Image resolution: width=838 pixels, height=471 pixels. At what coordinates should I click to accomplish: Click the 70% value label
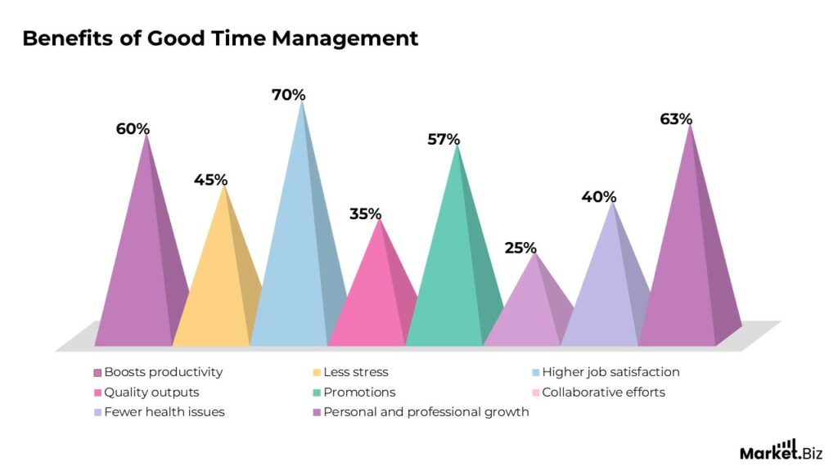click(288, 95)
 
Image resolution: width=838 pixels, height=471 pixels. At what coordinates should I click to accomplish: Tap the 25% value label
click(520, 247)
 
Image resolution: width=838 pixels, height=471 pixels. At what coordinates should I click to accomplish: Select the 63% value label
click(676, 119)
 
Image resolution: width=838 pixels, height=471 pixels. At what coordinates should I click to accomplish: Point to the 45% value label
click(210, 180)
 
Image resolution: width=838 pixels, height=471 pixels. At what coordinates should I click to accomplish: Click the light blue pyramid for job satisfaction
click(295, 270)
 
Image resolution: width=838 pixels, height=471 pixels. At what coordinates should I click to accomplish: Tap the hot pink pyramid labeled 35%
click(372, 303)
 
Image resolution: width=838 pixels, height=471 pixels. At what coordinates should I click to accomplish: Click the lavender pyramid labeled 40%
click(606, 294)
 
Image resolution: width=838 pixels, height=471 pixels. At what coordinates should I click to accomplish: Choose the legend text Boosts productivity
click(163, 372)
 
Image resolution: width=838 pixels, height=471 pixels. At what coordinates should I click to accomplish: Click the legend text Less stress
click(356, 372)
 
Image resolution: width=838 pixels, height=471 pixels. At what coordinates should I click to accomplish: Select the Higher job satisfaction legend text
click(610, 372)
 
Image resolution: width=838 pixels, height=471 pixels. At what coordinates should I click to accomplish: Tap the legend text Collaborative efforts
click(603, 392)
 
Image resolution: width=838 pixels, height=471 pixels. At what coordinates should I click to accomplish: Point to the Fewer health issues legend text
click(164, 411)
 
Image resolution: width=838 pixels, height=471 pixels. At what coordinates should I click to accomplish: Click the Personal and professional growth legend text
click(426, 411)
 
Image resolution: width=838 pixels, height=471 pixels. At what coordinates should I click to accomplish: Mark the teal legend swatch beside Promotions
click(316, 392)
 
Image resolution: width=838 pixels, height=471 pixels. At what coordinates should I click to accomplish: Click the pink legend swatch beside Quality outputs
click(97, 392)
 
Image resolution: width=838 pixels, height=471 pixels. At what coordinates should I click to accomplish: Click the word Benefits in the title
click(64, 38)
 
